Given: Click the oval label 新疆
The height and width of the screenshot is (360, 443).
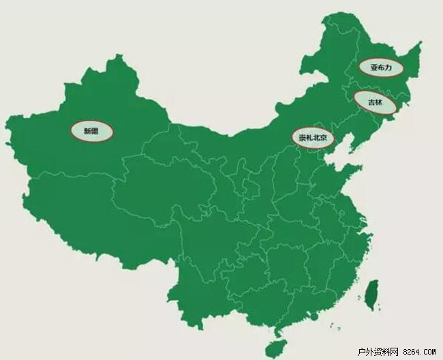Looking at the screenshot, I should [91, 130].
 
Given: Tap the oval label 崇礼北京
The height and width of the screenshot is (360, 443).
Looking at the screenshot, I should [313, 138].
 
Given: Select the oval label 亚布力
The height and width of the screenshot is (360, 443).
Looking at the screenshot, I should [380, 67].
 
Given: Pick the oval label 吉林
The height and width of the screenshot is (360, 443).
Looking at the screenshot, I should [376, 103].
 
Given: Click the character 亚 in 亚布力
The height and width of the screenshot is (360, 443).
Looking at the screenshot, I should [373, 67].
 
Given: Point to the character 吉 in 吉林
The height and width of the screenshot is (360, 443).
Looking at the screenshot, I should [371, 103].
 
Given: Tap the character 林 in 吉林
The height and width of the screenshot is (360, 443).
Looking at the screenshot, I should [380, 103].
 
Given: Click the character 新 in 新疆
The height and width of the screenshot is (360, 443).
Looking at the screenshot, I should [87, 130].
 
